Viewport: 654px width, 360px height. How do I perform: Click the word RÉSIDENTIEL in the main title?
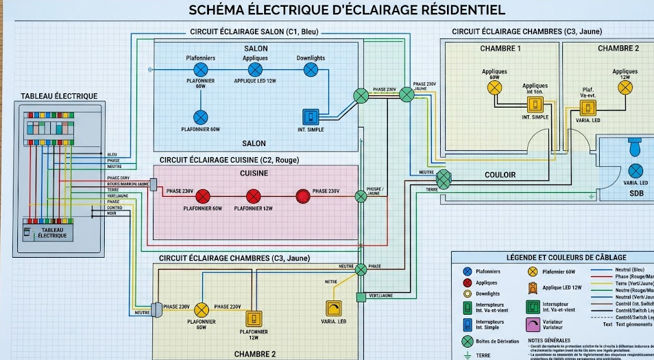click(463, 10)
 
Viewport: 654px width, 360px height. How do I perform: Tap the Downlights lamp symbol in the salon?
click(311, 70)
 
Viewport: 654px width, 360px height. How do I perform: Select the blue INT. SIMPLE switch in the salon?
click(311, 117)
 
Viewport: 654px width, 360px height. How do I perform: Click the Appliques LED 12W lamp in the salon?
click(255, 70)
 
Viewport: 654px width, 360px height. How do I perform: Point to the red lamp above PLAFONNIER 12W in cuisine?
click(254, 196)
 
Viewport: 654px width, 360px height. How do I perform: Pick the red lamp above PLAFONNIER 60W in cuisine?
click(204, 196)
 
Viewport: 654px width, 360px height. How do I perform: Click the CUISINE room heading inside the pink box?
click(254, 173)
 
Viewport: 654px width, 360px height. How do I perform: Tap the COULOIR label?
click(500, 175)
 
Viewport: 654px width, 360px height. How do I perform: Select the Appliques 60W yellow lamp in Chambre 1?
click(494, 87)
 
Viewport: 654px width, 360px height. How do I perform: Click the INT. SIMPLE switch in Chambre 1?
click(535, 105)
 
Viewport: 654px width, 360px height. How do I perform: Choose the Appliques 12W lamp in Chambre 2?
click(625, 87)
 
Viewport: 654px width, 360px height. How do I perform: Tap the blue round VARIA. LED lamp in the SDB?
click(635, 170)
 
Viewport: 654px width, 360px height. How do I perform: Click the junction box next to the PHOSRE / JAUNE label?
click(361, 197)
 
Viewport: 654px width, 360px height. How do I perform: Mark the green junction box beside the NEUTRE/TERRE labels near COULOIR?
click(444, 180)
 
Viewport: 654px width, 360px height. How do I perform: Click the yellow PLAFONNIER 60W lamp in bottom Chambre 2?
click(202, 309)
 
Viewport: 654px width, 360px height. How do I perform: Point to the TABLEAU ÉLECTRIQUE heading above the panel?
click(59, 96)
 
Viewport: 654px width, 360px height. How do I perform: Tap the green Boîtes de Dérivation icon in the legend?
click(468, 341)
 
